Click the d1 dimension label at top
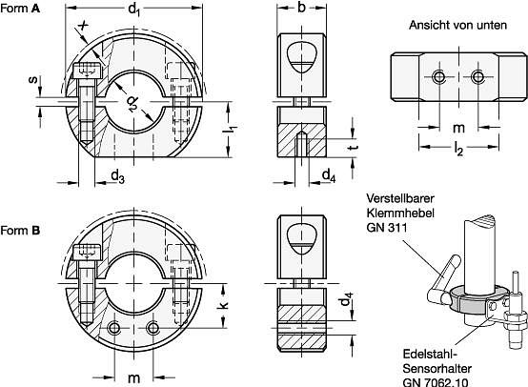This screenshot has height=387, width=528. coord(133,10)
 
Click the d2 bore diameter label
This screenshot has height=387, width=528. coord(133,104)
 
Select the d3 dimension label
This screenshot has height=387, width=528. coord(117,176)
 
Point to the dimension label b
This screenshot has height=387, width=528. coord(301,7)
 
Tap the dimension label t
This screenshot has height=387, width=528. coord(354,147)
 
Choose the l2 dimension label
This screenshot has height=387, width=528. coord(458,148)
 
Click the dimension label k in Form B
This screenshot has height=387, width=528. coord(223,304)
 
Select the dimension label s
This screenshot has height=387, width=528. coord(33,80)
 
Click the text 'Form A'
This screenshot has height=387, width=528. coord(20,9)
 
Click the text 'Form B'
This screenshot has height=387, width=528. coord(20,231)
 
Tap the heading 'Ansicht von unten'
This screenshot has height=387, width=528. coord(457,25)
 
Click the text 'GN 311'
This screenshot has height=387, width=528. coord(387,228)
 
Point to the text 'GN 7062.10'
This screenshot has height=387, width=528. coord(435,382)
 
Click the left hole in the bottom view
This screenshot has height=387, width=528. coord(439,77)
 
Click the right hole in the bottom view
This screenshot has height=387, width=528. coord(477,77)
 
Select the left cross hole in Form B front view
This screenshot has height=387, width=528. coord(114,328)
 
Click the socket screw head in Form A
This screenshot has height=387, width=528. coord(88,71)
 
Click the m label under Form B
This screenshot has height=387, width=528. coord(133,377)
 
